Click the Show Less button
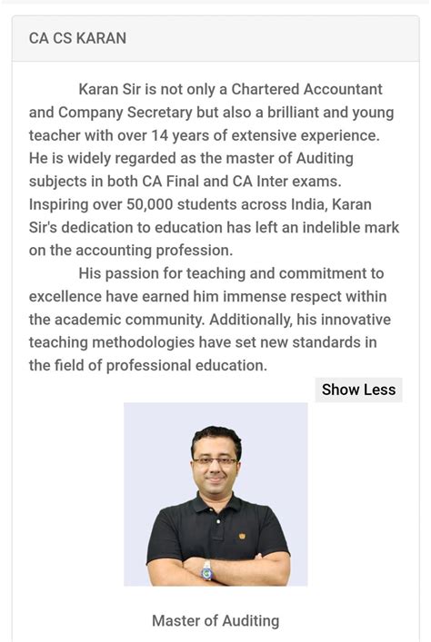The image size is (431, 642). click(358, 390)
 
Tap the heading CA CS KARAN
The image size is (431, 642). click(77, 38)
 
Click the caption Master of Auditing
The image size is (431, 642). click(215, 621)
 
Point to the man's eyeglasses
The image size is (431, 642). click(215, 461)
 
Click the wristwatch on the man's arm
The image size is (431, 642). click(207, 568)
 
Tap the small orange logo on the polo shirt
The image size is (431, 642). click(242, 536)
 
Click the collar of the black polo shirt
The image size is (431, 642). click(215, 504)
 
